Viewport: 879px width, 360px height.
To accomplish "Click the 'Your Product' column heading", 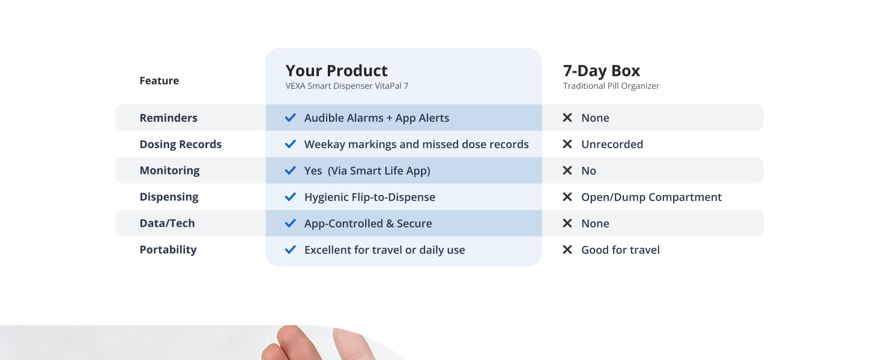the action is pos(336,71).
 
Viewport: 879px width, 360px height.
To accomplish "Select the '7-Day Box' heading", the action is pos(601,71).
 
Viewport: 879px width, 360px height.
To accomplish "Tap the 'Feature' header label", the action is pos(159,80).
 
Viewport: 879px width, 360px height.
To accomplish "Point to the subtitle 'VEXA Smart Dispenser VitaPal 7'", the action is pos(347,86).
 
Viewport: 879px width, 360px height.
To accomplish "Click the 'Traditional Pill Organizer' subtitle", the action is pos(611,86).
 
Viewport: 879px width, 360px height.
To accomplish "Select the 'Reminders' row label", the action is pos(168,118).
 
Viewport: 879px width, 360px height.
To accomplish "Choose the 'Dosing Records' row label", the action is pos(181,145).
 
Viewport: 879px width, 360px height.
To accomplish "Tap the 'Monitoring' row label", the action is pos(169,170).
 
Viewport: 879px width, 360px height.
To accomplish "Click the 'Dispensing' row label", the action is pos(169,197).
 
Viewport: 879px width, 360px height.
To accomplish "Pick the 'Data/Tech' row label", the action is pos(167,223).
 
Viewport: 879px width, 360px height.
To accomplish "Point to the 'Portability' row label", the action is pos(168,250).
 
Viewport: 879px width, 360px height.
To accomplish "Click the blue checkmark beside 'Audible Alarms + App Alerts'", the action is pos(291,118).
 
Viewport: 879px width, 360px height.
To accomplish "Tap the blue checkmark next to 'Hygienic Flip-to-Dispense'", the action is pos(291,197).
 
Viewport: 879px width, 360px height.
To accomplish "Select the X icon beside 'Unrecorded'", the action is pos(567,144).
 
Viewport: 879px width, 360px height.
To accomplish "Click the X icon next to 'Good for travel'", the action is pos(567,250).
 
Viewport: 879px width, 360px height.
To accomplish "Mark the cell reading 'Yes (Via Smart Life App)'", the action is pos(367,170).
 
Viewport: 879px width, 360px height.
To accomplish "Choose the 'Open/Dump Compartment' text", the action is pos(651,197).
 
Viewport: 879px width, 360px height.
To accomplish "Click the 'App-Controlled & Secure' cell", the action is pos(368,224).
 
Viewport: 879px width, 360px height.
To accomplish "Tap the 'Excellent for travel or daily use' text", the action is pos(384,250).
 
